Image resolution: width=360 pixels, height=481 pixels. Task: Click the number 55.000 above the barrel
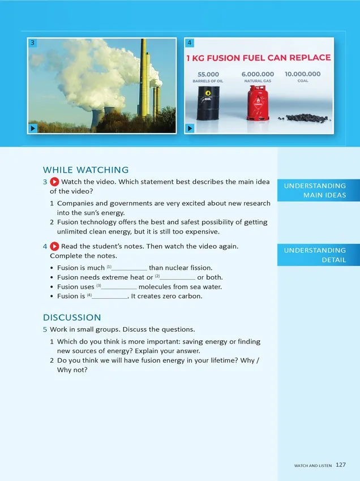[x=208, y=74]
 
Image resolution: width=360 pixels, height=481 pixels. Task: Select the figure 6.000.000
[x=258, y=74]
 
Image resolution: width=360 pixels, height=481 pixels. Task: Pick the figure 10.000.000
[x=302, y=74]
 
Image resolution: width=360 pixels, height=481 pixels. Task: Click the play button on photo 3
[x=33, y=128]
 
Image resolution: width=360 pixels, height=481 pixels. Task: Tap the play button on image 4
[x=190, y=128]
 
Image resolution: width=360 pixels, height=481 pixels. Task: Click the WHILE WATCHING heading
[x=86, y=170]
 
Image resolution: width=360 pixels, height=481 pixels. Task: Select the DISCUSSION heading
[x=72, y=317]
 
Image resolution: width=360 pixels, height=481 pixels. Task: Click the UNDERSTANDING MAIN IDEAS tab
[x=319, y=191]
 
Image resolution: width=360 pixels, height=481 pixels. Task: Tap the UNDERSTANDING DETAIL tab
[x=319, y=255]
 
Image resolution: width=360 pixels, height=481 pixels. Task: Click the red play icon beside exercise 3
[x=54, y=182]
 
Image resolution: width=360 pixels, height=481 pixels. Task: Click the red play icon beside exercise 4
[x=54, y=246]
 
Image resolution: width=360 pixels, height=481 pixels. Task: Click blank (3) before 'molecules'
[x=119, y=287]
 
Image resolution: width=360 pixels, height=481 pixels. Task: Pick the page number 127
[x=340, y=465]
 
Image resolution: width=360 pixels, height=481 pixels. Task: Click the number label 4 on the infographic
[x=190, y=42]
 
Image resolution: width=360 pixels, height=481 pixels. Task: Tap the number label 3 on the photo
[x=33, y=42]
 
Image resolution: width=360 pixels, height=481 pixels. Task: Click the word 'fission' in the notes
[x=201, y=268]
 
